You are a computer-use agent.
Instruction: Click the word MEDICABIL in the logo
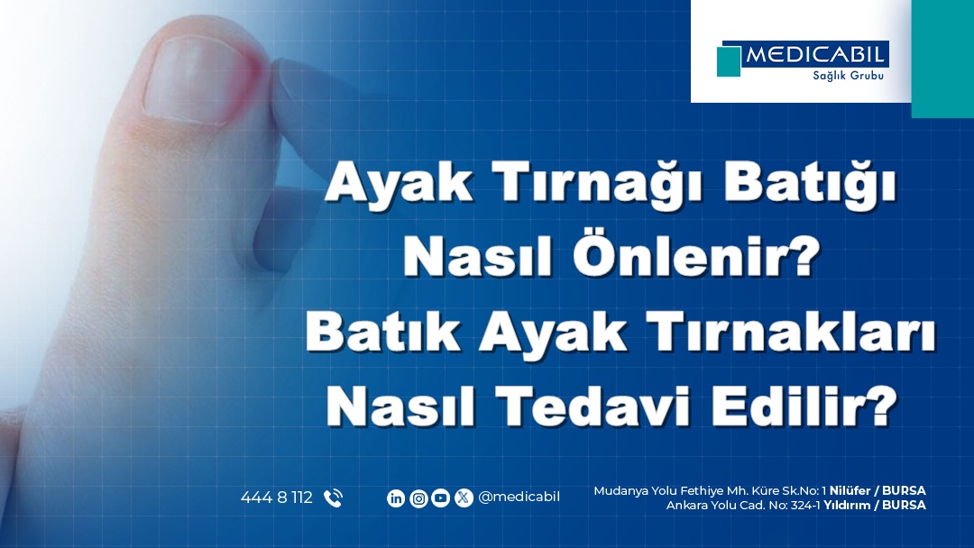click(815, 55)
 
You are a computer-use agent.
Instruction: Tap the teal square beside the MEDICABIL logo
click(729, 60)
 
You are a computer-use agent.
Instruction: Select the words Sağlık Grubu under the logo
click(849, 76)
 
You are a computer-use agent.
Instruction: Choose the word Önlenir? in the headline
click(696, 256)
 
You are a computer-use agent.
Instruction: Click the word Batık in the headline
click(382, 333)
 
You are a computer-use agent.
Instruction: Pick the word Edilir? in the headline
click(804, 406)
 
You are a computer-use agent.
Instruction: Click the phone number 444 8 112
click(277, 498)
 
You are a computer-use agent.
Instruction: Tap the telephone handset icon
click(333, 498)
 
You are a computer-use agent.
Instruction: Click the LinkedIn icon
click(396, 498)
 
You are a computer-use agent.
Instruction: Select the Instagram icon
click(418, 498)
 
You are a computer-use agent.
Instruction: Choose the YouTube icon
click(440, 498)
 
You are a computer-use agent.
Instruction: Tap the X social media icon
click(464, 498)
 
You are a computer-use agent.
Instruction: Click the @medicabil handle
click(519, 498)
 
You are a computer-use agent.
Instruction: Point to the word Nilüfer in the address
click(850, 491)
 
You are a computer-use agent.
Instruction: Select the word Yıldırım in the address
click(847, 505)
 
